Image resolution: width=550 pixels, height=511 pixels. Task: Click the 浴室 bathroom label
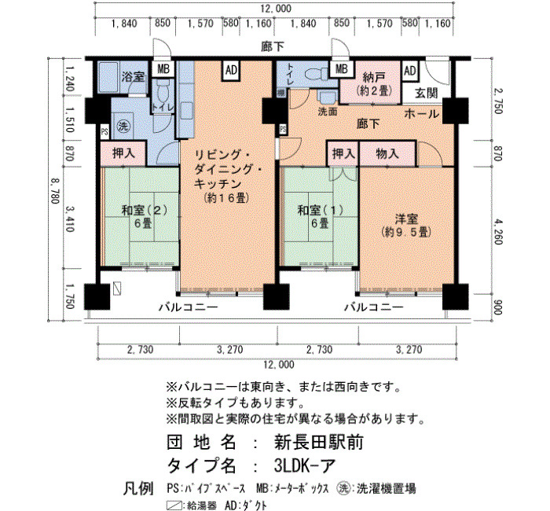tap(133, 77)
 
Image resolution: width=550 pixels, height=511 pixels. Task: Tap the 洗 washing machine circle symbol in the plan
tap(123, 127)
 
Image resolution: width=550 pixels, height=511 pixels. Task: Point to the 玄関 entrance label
tap(426, 94)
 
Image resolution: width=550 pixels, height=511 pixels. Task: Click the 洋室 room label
tap(406, 219)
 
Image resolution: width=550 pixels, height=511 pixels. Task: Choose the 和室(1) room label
tap(321, 210)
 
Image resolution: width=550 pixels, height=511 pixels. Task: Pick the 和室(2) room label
tap(144, 210)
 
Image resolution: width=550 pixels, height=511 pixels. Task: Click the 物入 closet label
tap(387, 154)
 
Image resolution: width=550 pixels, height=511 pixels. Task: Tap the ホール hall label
tap(421, 114)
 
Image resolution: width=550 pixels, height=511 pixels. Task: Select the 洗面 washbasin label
tap(328, 112)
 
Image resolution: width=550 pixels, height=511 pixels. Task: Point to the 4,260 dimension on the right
tap(498, 232)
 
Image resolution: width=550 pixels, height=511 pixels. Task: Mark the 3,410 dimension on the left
tap(69, 219)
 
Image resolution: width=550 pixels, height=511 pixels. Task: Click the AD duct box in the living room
tap(231, 71)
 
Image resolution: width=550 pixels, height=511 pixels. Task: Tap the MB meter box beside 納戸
tap(341, 68)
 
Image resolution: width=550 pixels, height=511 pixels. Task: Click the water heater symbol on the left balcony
tap(118, 289)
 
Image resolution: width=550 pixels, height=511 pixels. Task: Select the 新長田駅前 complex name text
tap(318, 442)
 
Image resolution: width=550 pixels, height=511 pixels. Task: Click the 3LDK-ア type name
tap(305, 465)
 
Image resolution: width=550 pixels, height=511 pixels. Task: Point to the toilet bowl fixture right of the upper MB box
tap(315, 75)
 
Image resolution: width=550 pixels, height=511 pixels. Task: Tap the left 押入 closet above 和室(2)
tap(123, 153)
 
